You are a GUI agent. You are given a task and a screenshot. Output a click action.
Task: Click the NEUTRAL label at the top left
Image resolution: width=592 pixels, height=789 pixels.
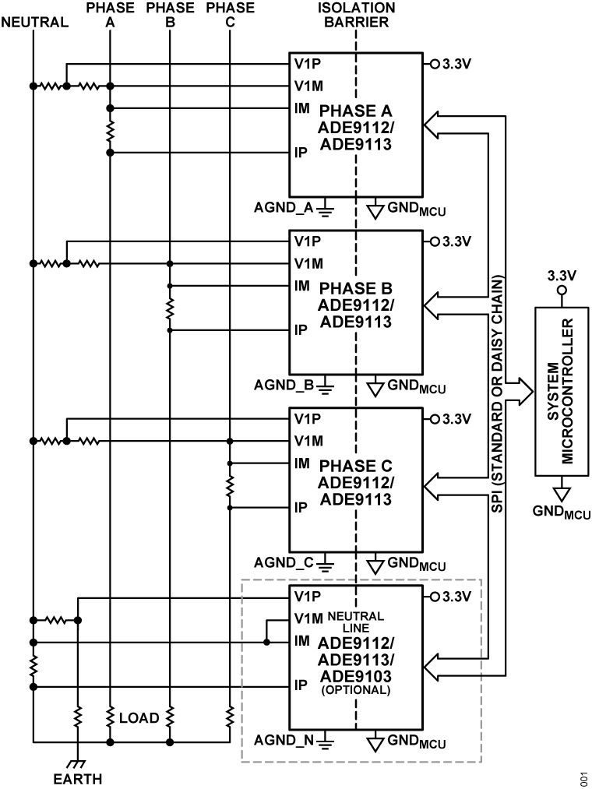tap(35, 23)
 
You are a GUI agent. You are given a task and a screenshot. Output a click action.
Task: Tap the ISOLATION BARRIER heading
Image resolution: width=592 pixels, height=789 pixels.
tap(356, 15)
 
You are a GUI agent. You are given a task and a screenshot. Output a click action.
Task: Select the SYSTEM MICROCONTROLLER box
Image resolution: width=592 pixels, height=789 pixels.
tap(561, 391)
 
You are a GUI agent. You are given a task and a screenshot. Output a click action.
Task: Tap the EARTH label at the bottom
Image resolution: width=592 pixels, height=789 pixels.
tap(77, 778)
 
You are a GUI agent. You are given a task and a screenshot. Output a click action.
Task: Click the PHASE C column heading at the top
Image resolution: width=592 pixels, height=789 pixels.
tap(231, 15)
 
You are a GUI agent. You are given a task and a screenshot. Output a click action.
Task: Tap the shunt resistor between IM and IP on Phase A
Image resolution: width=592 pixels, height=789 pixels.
tap(110, 130)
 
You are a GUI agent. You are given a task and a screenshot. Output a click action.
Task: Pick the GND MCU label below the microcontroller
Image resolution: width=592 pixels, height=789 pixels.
tap(561, 512)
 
